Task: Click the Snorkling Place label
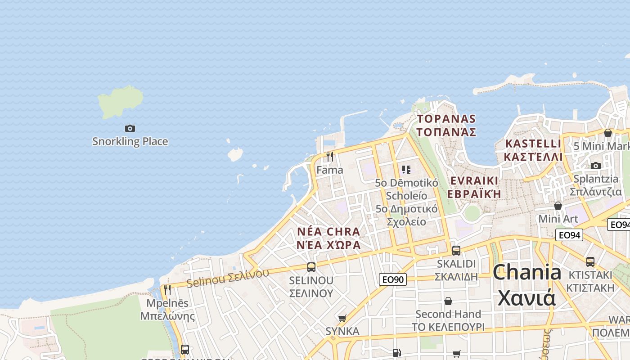tap(130, 141)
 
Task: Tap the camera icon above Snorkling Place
tap(130, 129)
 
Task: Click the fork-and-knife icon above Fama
tap(330, 157)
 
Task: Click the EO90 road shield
tap(392, 279)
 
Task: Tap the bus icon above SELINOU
tap(311, 267)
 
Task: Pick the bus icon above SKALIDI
tap(456, 251)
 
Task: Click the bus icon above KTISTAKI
tap(590, 261)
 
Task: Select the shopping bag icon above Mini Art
tap(558, 206)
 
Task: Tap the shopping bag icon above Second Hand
tap(448, 301)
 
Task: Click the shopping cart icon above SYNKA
tap(342, 318)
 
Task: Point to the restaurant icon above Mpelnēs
tap(167, 290)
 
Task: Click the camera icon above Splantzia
tap(596, 166)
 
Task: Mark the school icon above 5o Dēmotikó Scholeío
tap(406, 170)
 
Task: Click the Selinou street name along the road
tap(228, 278)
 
